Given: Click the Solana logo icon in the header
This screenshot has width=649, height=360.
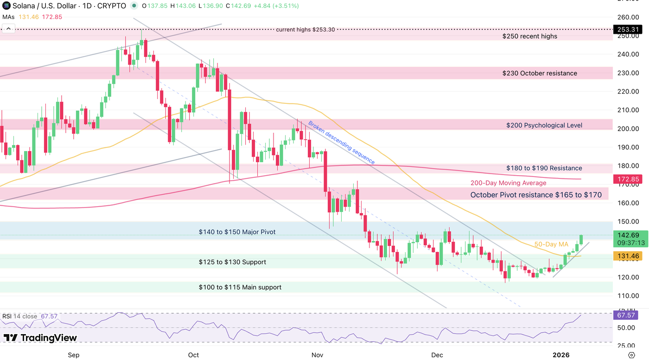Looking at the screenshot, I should pyautogui.click(x=6, y=6).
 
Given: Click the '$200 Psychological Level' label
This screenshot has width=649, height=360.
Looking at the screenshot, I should pyautogui.click(x=544, y=125).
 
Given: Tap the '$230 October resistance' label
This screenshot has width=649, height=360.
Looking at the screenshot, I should pyautogui.click(x=540, y=73).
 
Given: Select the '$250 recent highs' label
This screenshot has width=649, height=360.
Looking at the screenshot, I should pyautogui.click(x=530, y=36).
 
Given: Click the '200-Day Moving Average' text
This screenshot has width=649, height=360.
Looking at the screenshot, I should pyautogui.click(x=508, y=183).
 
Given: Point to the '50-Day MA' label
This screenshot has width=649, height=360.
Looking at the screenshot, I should pyautogui.click(x=551, y=244).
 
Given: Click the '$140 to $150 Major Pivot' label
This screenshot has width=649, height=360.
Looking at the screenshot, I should pyautogui.click(x=237, y=232).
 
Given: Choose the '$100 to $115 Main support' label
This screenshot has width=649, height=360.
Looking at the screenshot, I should pyautogui.click(x=240, y=287).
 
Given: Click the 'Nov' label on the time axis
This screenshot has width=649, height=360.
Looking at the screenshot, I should pyautogui.click(x=317, y=355).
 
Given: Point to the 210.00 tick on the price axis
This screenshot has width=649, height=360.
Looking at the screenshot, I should pyautogui.click(x=629, y=110).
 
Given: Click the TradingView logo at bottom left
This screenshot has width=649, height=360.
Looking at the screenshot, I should pyautogui.click(x=40, y=338).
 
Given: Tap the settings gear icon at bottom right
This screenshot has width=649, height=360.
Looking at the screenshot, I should pyautogui.click(x=631, y=355).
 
